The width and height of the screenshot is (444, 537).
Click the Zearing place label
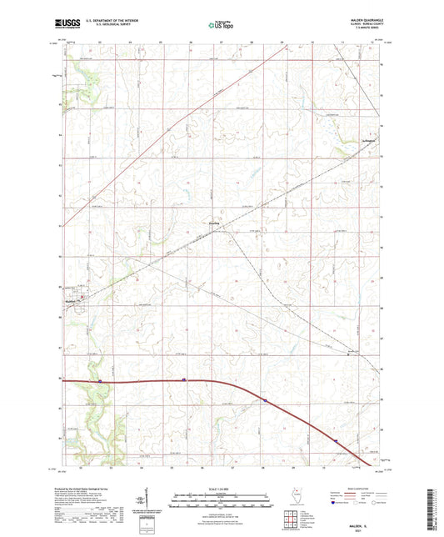(214, 223)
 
